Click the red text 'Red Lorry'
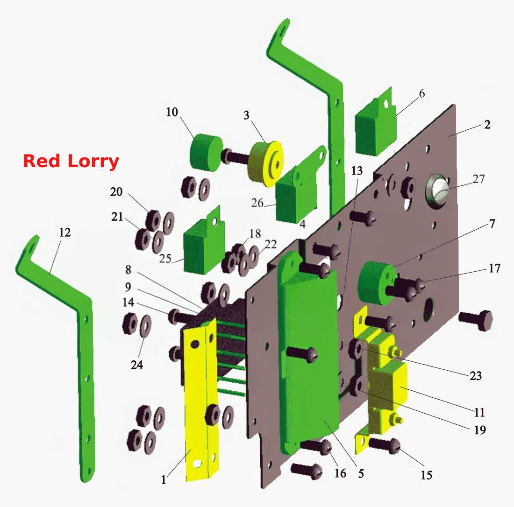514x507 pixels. pyautogui.click(x=71, y=161)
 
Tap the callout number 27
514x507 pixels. pyautogui.click(x=478, y=179)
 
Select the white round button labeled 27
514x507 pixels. pyautogui.click(x=439, y=191)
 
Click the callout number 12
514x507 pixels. pyautogui.click(x=65, y=232)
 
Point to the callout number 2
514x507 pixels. pyautogui.click(x=487, y=125)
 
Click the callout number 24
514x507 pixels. pyautogui.click(x=137, y=365)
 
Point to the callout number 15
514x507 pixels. pyautogui.click(x=427, y=475)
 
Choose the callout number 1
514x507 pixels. pyautogui.click(x=164, y=480)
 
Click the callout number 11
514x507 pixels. pyautogui.click(x=479, y=412)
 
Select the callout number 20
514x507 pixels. pyautogui.click(x=116, y=191)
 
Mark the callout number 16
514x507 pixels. pyautogui.click(x=340, y=473)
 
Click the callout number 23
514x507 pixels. pyautogui.click(x=476, y=375)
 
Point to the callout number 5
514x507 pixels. pyautogui.click(x=361, y=473)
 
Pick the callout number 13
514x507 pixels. pyautogui.click(x=357, y=171)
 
